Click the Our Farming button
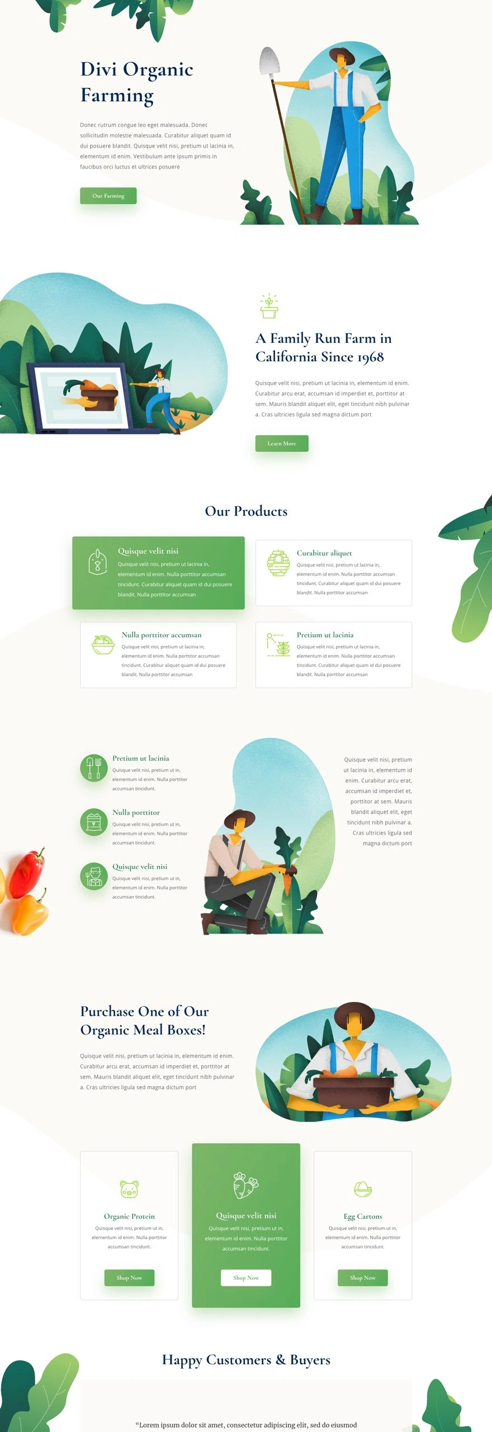pyautogui.click(x=108, y=196)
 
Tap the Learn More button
pyautogui.click(x=282, y=444)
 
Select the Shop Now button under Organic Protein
pyautogui.click(x=129, y=1278)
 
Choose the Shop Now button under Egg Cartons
pyautogui.click(x=363, y=1278)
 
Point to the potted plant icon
pyautogui.click(x=269, y=306)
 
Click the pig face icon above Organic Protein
pyautogui.click(x=129, y=1189)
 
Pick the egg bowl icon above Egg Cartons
pyautogui.click(x=363, y=1189)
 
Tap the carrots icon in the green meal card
pyautogui.click(x=245, y=1185)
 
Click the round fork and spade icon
pyautogui.click(x=94, y=768)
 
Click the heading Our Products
pyautogui.click(x=246, y=511)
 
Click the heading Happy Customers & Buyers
pyautogui.click(x=246, y=1360)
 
